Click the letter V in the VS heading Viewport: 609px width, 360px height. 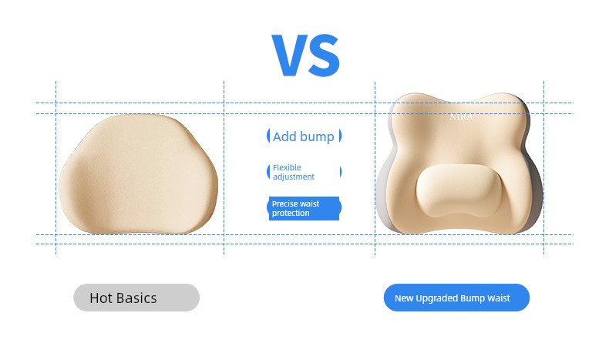290,55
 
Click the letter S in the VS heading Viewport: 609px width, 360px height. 324,56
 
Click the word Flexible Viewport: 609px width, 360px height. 287,167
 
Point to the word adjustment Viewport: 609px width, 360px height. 294,177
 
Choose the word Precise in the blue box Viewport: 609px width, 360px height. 284,204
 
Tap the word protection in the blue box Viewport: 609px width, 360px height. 291,214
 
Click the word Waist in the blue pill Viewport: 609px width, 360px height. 499,298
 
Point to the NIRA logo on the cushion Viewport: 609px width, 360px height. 461,117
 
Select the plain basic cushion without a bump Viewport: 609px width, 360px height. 138,174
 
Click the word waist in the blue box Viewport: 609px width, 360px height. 310,204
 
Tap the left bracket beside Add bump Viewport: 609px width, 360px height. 268,136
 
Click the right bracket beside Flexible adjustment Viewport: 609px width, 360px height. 341,172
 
